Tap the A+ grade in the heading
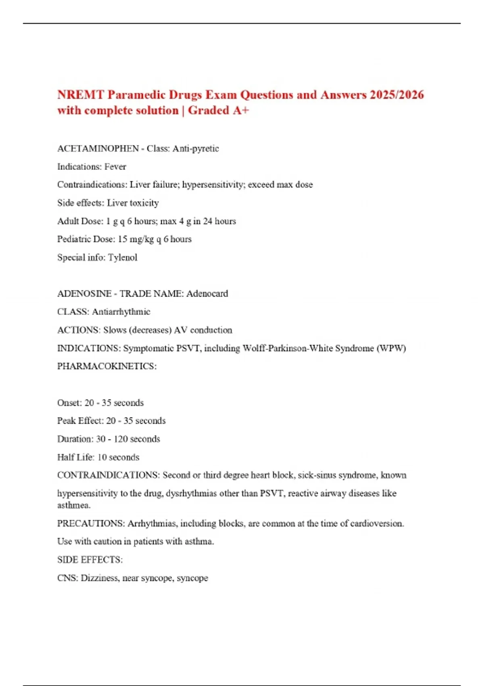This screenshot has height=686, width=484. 241,111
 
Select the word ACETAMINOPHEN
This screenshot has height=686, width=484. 98,148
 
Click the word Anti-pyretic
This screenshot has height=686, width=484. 196,148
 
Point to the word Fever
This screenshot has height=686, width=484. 115,167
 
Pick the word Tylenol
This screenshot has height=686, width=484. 123,257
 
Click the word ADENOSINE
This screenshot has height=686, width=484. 84,294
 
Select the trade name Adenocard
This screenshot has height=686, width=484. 207,294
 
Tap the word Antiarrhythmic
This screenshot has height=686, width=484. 121,312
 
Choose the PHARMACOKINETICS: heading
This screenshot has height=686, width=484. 107,366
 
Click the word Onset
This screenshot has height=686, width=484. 69,403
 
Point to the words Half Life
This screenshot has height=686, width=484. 76,457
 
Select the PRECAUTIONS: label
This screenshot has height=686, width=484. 91,523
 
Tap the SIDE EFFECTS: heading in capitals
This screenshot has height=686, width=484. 90,560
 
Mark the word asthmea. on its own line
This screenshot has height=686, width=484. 74,505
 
